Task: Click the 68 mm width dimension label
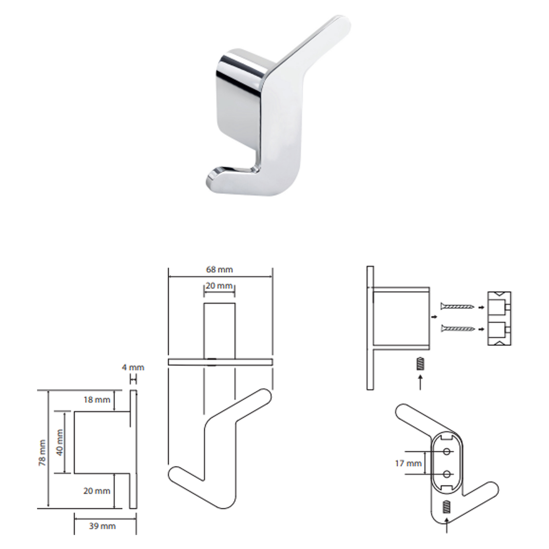click(x=219, y=269)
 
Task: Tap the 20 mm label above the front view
click(x=219, y=285)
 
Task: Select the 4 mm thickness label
click(x=133, y=368)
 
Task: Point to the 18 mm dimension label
click(x=97, y=400)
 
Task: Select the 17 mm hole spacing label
click(x=408, y=463)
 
